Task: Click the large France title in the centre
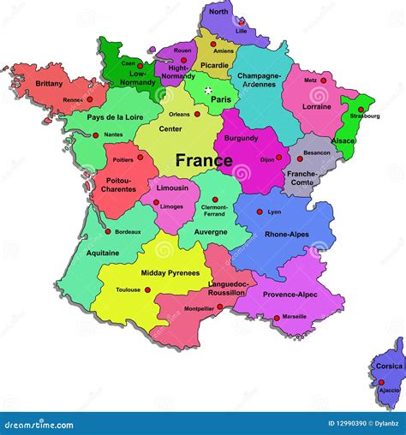coord(204,160)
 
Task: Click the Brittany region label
coord(49,83)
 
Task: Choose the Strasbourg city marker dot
coord(361,110)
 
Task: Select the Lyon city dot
coord(259,211)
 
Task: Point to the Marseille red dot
coord(277,318)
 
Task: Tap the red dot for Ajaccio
coord(381,383)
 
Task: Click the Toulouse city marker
coord(147,290)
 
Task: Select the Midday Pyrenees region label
coord(171,273)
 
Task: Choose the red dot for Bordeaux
coord(107,231)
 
